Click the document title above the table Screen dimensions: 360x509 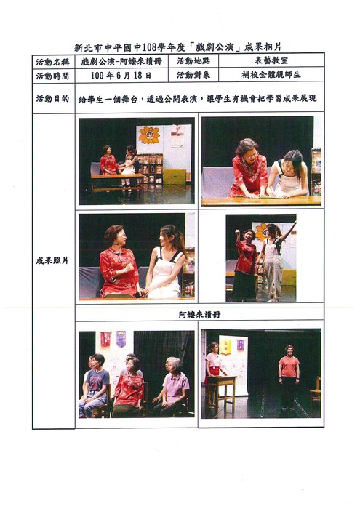[177, 48]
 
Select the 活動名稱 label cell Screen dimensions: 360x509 [52, 61]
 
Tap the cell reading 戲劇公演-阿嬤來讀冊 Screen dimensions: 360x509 [121, 61]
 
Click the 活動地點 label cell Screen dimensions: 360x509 [193, 61]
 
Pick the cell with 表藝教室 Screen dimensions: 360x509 [271, 60]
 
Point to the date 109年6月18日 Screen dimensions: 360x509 [121, 76]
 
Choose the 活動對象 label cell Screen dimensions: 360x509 [193, 76]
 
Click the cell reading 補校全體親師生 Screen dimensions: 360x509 [271, 75]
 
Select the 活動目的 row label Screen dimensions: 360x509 [52, 99]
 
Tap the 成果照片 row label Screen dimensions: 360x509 [52, 260]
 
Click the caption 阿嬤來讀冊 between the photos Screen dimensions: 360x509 [200, 315]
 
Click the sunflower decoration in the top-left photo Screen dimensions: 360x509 [149, 135]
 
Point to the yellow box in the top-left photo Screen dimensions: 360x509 [175, 177]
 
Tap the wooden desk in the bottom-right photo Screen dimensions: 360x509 [222, 391]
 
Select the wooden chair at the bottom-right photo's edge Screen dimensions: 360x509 [316, 391]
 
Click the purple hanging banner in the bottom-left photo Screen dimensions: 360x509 [121, 339]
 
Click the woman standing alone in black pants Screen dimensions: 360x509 [289, 377]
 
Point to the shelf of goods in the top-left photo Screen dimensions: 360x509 [150, 169]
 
